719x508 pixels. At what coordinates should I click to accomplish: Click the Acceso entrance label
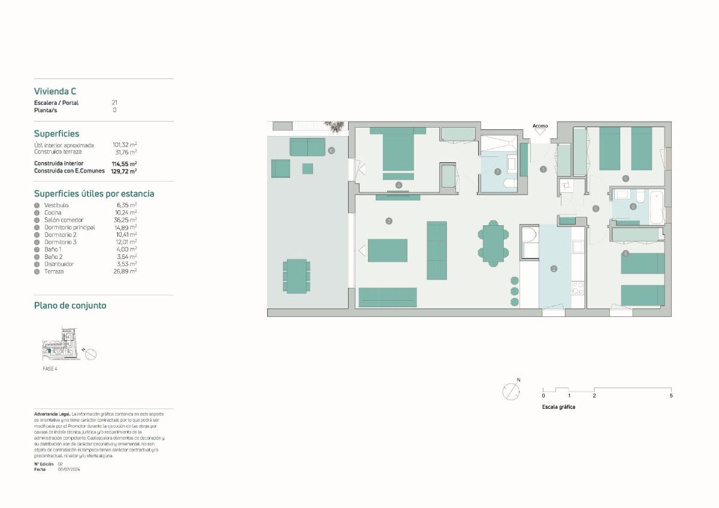[540, 126]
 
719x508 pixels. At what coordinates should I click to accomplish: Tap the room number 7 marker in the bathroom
[497, 171]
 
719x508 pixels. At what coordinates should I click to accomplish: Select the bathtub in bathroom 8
[657, 207]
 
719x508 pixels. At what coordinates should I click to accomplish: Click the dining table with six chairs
[493, 243]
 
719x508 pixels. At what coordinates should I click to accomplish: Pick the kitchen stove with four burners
[578, 289]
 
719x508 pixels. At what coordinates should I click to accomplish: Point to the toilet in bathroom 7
[510, 183]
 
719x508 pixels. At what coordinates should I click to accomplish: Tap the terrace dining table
[297, 276]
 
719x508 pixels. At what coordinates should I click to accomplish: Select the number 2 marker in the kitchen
[554, 268]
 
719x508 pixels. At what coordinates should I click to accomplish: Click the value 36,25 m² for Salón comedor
[125, 220]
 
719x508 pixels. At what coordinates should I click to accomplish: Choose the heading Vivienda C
[55, 92]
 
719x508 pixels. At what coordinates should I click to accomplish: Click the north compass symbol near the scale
[511, 391]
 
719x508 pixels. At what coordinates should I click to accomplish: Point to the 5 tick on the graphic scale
[671, 395]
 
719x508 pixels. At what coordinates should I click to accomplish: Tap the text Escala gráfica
[558, 407]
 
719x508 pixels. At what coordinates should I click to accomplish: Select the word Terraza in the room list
[54, 271]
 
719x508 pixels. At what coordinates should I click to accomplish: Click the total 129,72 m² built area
[123, 171]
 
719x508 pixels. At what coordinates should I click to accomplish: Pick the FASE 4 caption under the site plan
[50, 368]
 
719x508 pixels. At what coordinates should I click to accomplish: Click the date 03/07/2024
[69, 470]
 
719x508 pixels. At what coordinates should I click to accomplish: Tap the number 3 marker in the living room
[389, 221]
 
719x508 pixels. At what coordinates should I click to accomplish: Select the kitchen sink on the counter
[578, 246]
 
